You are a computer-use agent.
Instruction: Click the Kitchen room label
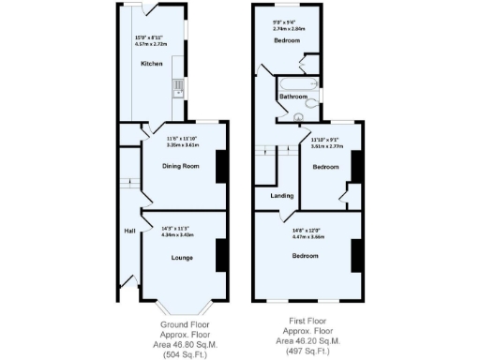[152, 64]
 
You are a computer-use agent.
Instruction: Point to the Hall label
[129, 231]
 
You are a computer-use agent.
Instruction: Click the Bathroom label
[292, 96]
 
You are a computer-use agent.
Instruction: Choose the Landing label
[281, 196]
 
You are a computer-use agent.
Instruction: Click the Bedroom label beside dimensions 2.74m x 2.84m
[287, 41]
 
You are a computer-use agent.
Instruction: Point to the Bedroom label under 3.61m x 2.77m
[325, 166]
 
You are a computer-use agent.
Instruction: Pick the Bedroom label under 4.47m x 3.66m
[305, 255]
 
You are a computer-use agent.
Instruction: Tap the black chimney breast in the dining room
[220, 166]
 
